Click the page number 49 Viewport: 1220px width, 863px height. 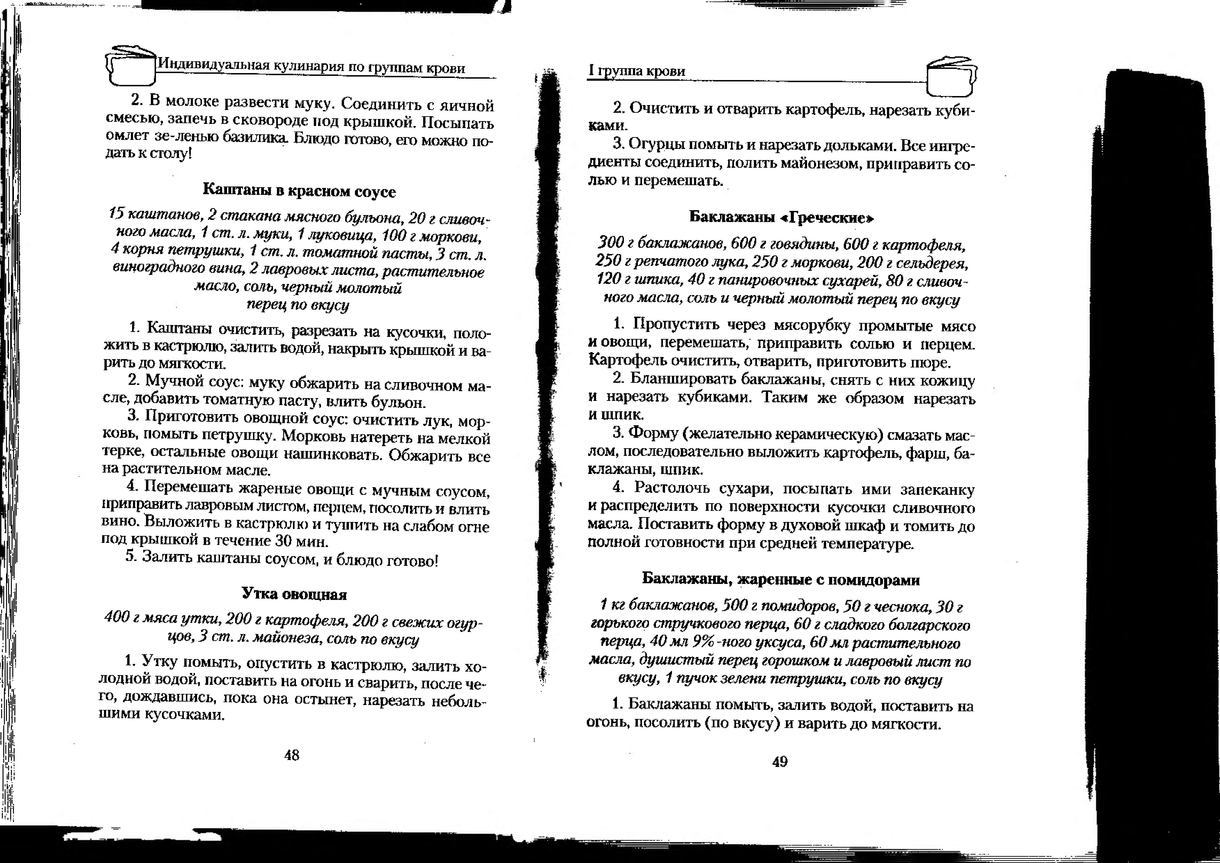click(x=779, y=761)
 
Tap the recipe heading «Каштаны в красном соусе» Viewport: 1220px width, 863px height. click(x=299, y=191)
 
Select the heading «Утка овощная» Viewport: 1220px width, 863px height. click(x=294, y=594)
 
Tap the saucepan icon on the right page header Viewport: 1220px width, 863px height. click(x=951, y=77)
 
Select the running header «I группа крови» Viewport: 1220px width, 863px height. click(x=636, y=71)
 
